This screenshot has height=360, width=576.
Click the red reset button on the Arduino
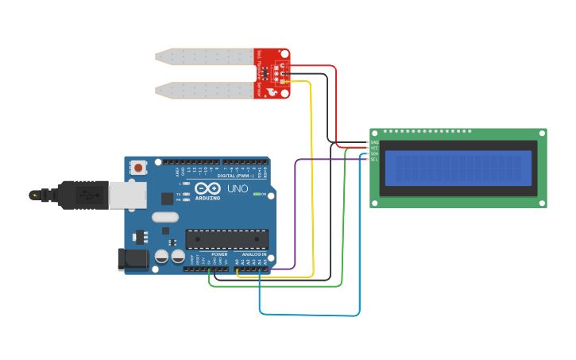[x=140, y=168]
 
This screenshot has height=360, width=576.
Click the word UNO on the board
[x=238, y=191]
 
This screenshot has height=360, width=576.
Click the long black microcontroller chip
[x=226, y=239]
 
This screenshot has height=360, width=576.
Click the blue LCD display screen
[x=458, y=168]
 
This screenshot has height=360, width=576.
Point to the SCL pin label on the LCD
[x=374, y=160]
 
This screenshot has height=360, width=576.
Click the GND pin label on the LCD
[x=374, y=143]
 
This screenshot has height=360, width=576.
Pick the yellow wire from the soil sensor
[x=311, y=175]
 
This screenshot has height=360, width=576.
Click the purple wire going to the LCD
[x=296, y=215]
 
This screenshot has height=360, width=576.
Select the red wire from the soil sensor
[x=335, y=103]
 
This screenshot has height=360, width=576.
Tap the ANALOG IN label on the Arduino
[x=255, y=254]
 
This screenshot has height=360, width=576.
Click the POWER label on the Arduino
[x=219, y=254]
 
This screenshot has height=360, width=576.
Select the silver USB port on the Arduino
[x=120, y=195]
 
